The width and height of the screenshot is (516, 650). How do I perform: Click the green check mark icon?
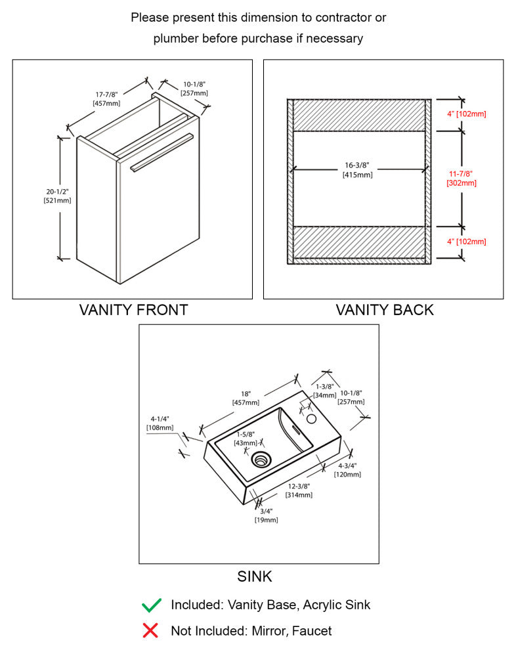pos(151,605)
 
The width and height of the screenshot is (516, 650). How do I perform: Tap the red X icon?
pos(150,631)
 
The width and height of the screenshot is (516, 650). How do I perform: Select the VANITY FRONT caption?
pos(133,310)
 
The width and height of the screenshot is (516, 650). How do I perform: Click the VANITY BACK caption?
pos(385,310)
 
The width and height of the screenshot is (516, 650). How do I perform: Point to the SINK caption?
pos(255,577)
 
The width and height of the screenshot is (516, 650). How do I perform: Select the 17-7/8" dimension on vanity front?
pos(106,98)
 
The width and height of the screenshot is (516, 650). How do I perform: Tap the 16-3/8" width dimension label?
pos(357,170)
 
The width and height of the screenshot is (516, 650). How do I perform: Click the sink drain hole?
pos(262,458)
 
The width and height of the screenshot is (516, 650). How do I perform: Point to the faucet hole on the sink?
pos(312,418)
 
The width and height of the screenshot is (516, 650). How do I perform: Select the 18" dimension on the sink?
pos(246,398)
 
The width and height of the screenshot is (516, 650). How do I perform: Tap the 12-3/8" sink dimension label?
pos(299,490)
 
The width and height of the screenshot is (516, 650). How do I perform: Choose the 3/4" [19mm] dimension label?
pos(266,515)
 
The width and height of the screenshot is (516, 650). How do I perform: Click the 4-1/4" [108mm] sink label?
pos(160,423)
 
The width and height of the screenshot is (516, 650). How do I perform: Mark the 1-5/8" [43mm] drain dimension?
pos(246,439)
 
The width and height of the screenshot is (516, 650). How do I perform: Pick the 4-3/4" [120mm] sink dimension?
pos(347,469)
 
